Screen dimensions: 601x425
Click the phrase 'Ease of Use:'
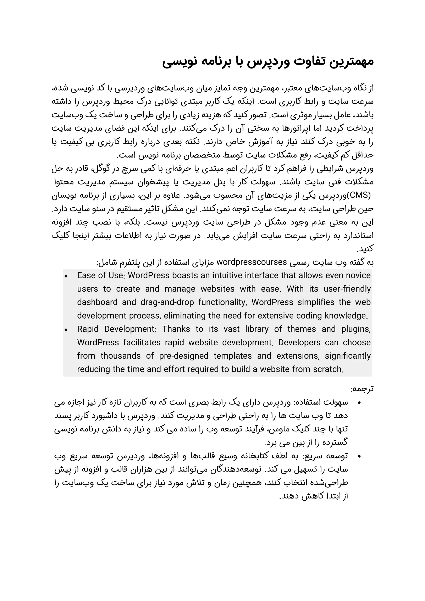100,275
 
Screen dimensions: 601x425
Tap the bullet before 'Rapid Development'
66,330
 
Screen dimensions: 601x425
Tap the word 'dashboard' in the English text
96,302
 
